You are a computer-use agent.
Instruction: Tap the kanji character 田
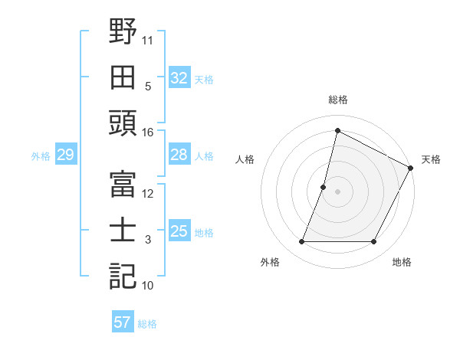[123, 77]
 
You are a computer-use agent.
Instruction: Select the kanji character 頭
[123, 123]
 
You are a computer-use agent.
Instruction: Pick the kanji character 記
[123, 276]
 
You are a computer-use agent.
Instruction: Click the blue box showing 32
[179, 78]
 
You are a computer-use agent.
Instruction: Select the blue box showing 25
[179, 232]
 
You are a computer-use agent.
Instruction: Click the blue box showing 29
[65, 155]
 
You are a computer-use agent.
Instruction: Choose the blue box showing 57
[122, 322]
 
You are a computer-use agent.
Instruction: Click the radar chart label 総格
[338, 100]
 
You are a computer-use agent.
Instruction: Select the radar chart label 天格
[432, 159]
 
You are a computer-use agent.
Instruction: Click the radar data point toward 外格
[301, 242]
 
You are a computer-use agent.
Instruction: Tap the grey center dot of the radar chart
[338, 191]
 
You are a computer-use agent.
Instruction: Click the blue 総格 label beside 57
[147, 323]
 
